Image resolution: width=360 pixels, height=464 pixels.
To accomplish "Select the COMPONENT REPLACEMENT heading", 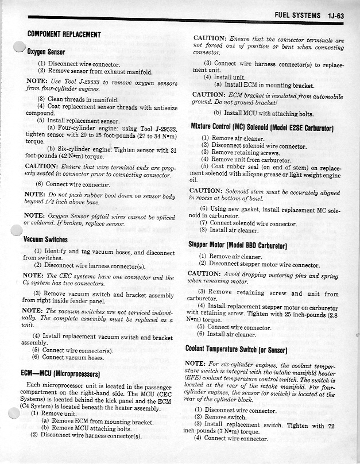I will click(64, 34).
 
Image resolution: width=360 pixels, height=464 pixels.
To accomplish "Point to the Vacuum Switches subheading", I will click(46, 239).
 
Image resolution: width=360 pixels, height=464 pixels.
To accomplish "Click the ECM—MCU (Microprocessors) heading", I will click(63, 373).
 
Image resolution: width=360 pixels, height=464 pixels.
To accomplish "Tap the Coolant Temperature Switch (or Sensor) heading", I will click(243, 349).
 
